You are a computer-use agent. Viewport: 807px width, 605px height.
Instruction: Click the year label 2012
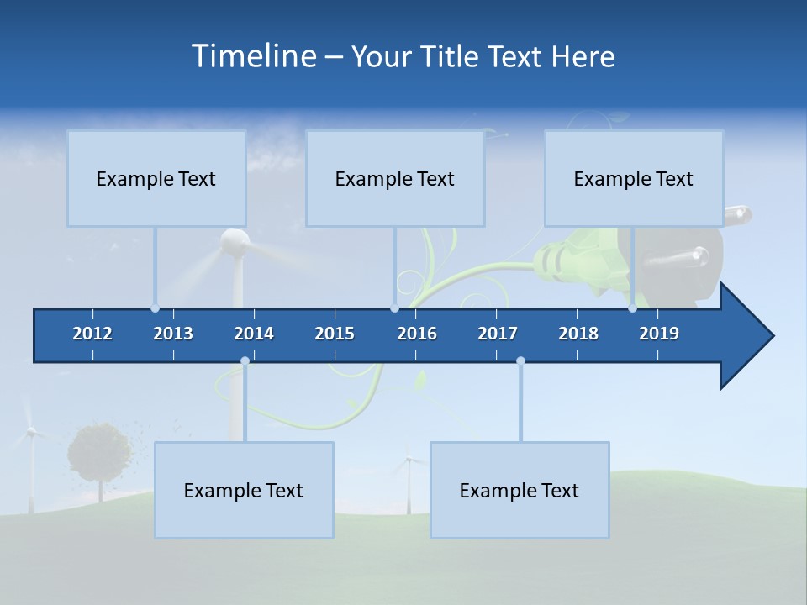coord(92,334)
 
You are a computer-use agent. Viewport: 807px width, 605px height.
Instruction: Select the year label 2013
coord(173,334)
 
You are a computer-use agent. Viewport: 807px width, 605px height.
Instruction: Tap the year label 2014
coord(254,334)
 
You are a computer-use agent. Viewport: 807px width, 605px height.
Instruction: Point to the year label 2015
coord(335,334)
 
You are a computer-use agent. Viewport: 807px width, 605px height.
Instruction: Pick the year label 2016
coord(417,334)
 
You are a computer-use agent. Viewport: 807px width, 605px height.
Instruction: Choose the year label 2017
coord(498,334)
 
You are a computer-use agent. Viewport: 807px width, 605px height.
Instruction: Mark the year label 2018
coord(578,334)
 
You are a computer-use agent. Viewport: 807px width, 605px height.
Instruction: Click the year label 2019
coord(659,334)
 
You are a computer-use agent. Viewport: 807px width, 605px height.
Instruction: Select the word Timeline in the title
coord(252,56)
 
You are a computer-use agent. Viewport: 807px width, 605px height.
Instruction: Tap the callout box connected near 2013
coord(156,178)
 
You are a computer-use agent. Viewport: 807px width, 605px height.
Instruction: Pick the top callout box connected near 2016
coord(395,178)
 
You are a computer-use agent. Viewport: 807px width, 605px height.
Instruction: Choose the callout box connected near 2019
coord(634,178)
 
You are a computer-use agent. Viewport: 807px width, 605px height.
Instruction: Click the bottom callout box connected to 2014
coord(244,490)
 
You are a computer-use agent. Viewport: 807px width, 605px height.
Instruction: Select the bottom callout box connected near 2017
coord(520,490)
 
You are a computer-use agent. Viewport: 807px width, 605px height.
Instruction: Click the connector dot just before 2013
coord(155,308)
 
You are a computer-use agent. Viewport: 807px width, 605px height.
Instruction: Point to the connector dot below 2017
coord(520,361)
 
